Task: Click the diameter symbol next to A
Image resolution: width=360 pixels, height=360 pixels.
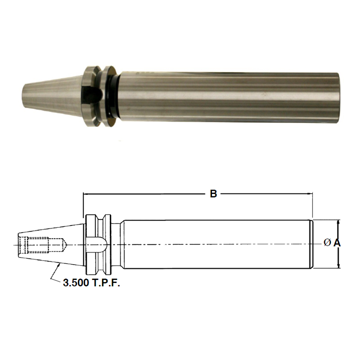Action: (x=327, y=243)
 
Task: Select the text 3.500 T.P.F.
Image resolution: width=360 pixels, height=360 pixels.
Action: (x=92, y=284)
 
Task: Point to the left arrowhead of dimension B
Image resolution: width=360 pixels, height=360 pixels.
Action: (x=86, y=194)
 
